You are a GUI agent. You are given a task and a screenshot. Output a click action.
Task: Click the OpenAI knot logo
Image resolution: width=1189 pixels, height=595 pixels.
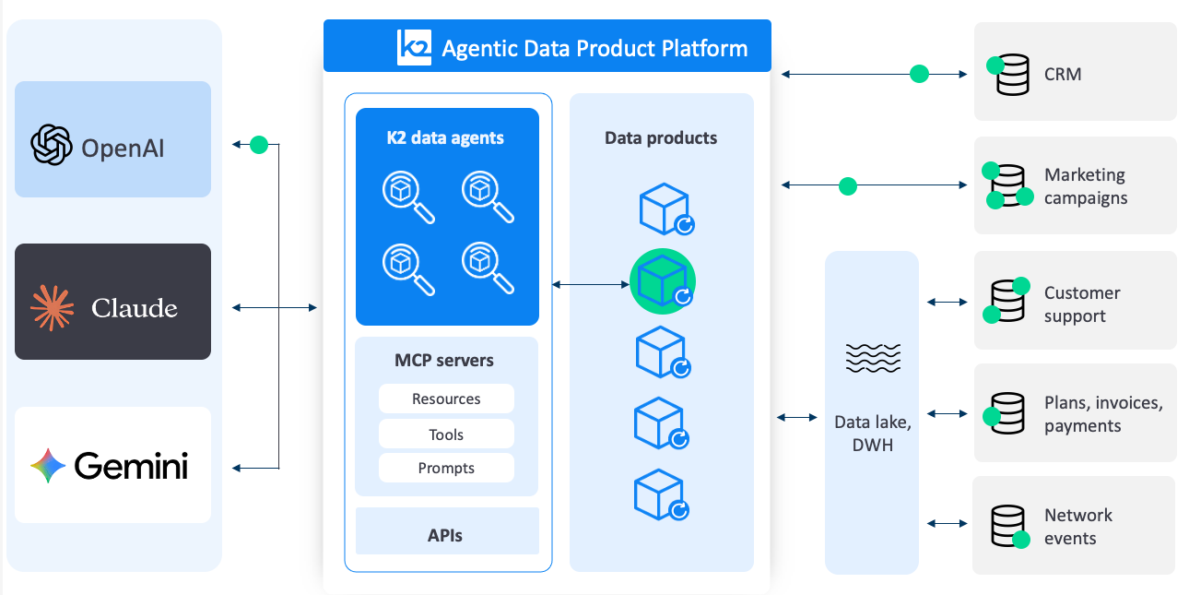pyautogui.click(x=52, y=145)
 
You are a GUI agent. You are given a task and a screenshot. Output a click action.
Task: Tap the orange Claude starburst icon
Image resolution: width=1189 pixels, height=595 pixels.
pyautogui.click(x=52, y=307)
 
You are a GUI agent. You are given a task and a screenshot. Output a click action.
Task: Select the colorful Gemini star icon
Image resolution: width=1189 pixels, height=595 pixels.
pyautogui.click(x=48, y=466)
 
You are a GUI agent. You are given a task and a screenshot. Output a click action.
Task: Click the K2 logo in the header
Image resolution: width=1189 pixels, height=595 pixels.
pyautogui.click(x=414, y=47)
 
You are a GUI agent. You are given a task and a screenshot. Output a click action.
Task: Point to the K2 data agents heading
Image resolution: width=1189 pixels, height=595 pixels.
pyautogui.click(x=445, y=138)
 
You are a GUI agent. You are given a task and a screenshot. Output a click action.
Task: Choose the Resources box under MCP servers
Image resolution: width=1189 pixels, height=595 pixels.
pyautogui.click(x=446, y=399)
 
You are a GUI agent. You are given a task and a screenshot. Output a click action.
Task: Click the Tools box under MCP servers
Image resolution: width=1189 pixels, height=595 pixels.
pyautogui.click(x=446, y=434)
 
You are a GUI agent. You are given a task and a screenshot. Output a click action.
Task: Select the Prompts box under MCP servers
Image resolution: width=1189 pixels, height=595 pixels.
pyautogui.click(x=446, y=468)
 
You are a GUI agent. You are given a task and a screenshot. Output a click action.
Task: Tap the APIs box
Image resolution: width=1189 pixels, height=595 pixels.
pyautogui.click(x=446, y=535)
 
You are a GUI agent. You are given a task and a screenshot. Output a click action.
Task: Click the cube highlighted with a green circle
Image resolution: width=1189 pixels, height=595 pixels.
pyautogui.click(x=663, y=281)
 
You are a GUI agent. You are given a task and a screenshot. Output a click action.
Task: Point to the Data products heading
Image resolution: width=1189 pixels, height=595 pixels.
pyautogui.click(x=661, y=138)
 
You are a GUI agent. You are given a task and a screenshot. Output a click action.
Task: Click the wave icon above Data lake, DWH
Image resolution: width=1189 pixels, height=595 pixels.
pyautogui.click(x=871, y=358)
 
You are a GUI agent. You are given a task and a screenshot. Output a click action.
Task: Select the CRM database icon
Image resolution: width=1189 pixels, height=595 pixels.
pyautogui.click(x=1012, y=75)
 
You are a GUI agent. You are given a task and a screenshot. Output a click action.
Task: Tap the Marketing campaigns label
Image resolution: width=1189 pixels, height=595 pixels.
pyautogui.click(x=1085, y=186)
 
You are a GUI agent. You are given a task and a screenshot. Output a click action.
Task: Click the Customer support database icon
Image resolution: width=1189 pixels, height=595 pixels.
pyautogui.click(x=1007, y=301)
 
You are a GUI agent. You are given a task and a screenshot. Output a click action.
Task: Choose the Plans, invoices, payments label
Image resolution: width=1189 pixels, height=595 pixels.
pyautogui.click(x=1102, y=414)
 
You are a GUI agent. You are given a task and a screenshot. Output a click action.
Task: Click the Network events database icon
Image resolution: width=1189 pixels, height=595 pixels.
pyautogui.click(x=1007, y=527)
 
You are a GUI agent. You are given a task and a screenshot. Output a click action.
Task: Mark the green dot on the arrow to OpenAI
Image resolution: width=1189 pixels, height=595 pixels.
pyautogui.click(x=259, y=145)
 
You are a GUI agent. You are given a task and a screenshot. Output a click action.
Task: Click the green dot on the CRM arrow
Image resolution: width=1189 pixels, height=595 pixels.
pyautogui.click(x=919, y=74)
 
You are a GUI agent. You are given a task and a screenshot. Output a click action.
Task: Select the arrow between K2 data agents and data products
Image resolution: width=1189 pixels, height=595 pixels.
pyautogui.click(x=590, y=285)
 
